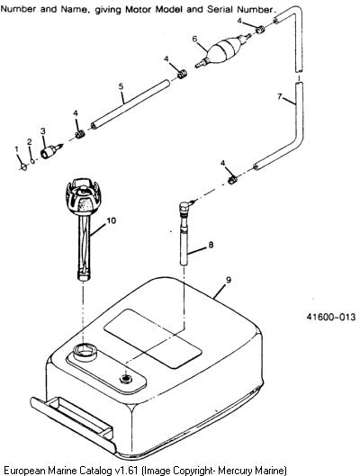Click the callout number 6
coord(194,39)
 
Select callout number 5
coord(121,86)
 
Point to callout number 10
coord(112,220)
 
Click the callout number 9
coord(229,280)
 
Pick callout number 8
coord(211,245)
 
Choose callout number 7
coord(280,96)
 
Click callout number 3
coord(43,130)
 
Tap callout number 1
coord(17,148)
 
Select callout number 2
coord(29,142)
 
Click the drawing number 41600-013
coord(330,317)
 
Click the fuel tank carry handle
coord(73,422)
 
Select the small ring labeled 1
coord(23,166)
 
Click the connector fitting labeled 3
coord(51,151)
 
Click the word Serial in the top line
coord(220,9)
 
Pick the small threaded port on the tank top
coord(126,379)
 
